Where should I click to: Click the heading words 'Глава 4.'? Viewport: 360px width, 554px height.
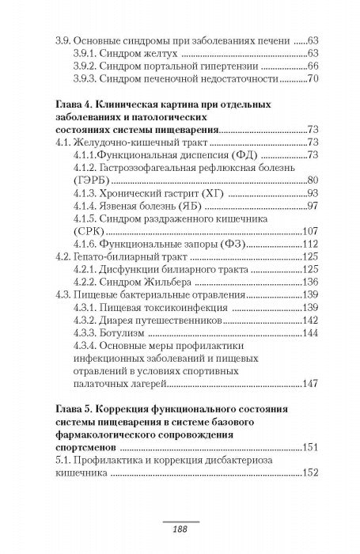76,104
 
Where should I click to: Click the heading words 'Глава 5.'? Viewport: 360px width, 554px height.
76,408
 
